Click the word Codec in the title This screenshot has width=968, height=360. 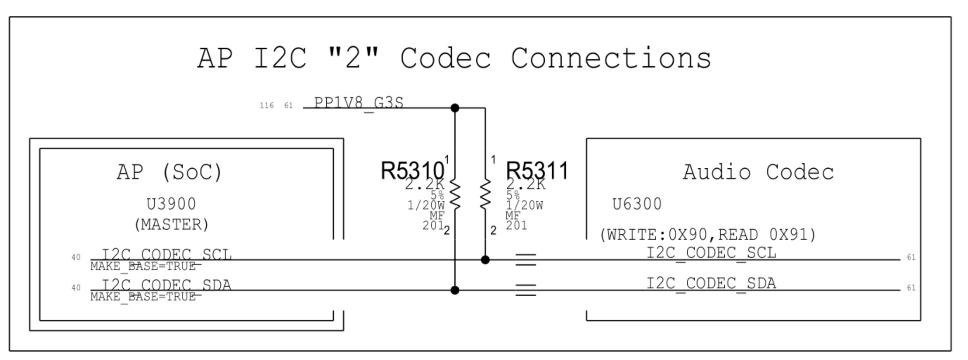[445, 59]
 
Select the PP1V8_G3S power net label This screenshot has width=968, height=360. [359, 103]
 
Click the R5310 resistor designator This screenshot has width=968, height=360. [412, 170]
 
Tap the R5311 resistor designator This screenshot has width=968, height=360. [537, 170]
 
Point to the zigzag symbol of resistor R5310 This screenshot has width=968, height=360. [455, 193]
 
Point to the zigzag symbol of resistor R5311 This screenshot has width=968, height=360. [485, 193]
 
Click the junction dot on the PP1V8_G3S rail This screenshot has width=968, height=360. [455, 108]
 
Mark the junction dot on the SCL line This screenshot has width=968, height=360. [485, 260]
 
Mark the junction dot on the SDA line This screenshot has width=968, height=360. [455, 290]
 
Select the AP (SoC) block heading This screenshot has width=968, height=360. [169, 172]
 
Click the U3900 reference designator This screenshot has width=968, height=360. [171, 204]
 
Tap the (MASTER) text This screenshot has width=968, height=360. [171, 225]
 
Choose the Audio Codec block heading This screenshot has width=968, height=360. [758, 172]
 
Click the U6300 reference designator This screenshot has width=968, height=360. [637, 204]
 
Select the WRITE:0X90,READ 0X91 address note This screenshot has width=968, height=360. [708, 234]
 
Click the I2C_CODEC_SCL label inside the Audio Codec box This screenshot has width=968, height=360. [711, 253]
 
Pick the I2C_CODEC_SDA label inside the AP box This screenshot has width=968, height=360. [166, 285]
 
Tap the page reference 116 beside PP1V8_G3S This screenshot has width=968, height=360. [267, 105]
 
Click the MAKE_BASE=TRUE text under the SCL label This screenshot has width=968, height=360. [143, 267]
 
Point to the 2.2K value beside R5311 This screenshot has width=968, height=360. [525, 184]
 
